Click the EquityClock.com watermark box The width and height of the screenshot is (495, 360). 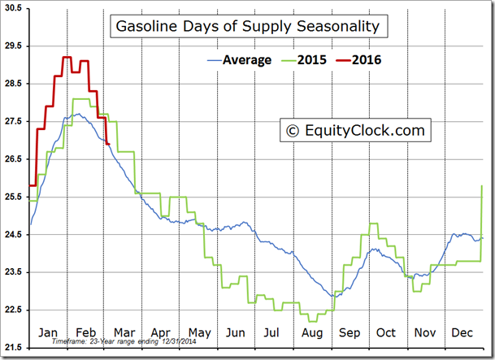[x=354, y=129]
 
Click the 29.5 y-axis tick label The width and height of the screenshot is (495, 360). [x=14, y=46]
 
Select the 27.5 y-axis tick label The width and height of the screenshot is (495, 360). [x=14, y=121]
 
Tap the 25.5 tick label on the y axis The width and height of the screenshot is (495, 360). [x=14, y=197]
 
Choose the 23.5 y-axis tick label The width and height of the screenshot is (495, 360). [x=14, y=272]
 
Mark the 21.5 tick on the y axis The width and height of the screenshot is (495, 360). [x=14, y=347]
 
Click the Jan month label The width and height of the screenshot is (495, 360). [x=48, y=332]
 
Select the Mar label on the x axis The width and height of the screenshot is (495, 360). [x=123, y=332]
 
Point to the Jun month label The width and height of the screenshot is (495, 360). [x=236, y=332]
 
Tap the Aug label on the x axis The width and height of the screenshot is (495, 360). [x=310, y=332]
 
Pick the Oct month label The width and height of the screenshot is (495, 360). [x=386, y=332]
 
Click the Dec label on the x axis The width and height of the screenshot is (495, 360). [x=462, y=332]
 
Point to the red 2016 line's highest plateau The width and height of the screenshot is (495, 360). [x=67, y=58]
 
